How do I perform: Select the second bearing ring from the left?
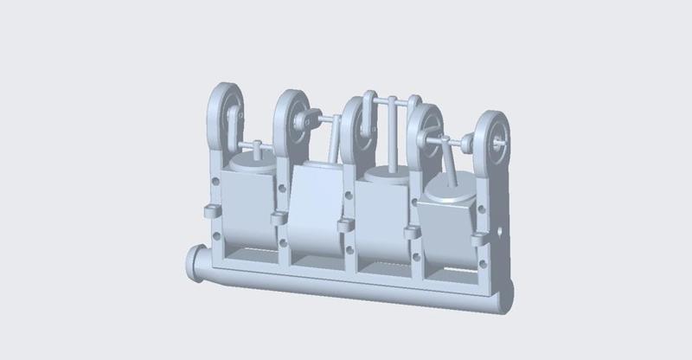[292, 117]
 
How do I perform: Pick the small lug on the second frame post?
[279, 218]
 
